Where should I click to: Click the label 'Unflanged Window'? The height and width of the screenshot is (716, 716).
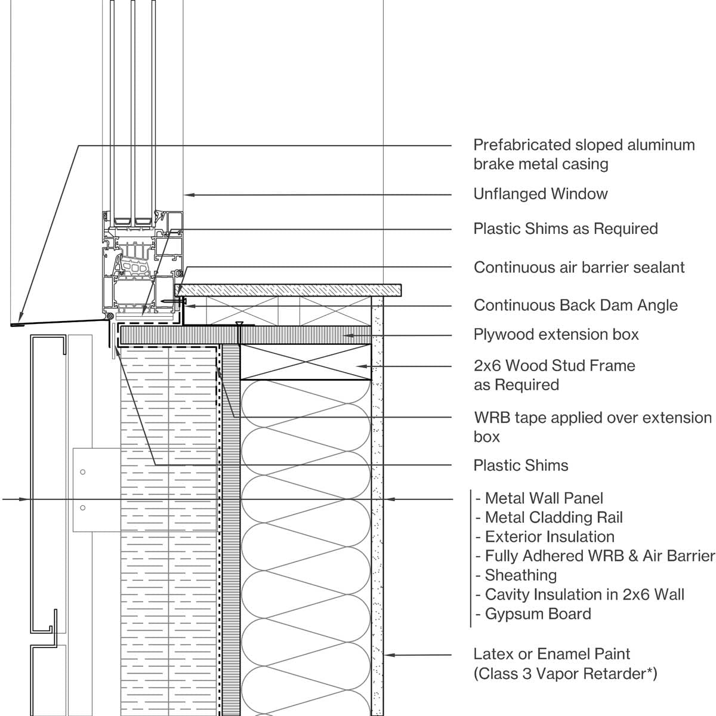point(540,194)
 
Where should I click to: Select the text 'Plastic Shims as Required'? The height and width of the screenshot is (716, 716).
point(565,229)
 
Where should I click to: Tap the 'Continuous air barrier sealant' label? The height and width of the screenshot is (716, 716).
point(579,267)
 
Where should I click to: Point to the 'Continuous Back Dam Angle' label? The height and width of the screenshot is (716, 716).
point(575,305)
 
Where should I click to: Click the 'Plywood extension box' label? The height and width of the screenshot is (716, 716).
point(555,334)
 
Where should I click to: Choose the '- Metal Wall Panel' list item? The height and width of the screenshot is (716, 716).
point(539,498)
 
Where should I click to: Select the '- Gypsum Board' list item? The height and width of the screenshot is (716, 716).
point(533,614)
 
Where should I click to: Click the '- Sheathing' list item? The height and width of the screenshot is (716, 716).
point(517,575)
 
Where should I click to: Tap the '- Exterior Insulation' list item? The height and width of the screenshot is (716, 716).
point(545,537)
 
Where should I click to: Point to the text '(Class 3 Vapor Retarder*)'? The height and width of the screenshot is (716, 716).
point(564,674)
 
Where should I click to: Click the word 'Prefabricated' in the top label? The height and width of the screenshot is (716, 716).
point(521,145)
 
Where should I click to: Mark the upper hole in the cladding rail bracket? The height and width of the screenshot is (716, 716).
point(82,472)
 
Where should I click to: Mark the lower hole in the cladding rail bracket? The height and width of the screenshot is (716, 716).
point(82,508)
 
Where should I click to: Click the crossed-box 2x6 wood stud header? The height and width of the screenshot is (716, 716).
point(305,362)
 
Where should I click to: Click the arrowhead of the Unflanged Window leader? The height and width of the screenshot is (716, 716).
point(186,195)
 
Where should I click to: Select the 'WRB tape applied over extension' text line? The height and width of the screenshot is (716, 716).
point(592,418)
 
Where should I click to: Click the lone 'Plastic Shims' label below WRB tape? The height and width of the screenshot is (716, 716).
point(520,465)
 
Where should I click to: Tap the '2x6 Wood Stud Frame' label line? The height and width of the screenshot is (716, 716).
point(554,366)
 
